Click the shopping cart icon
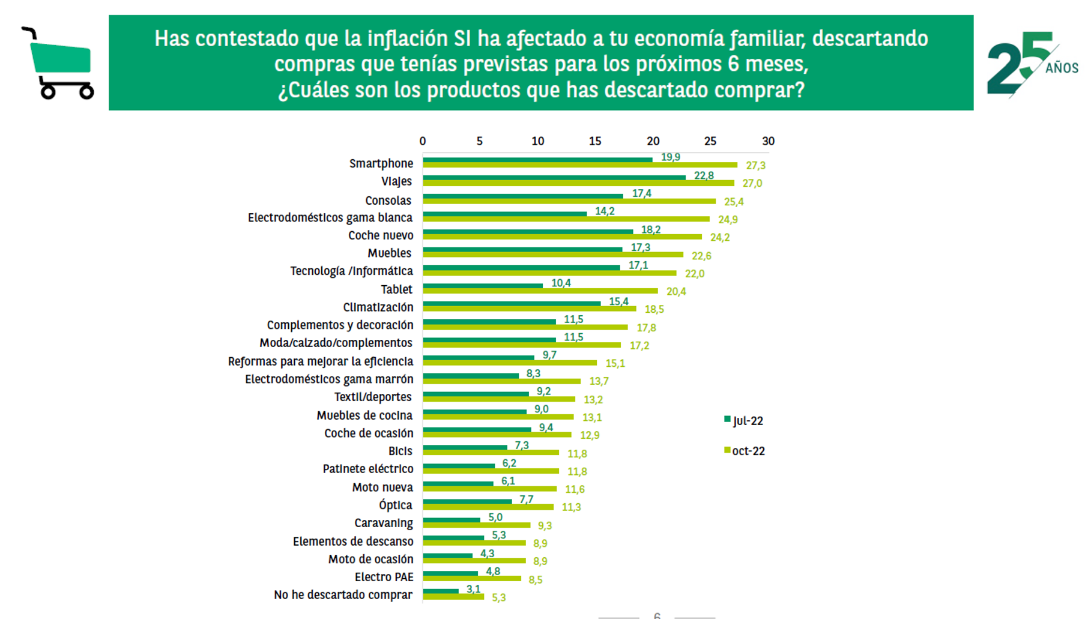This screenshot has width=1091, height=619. pyautogui.click(x=58, y=64)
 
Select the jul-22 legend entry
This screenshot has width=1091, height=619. pyautogui.click(x=744, y=421)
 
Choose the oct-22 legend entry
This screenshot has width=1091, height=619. pyautogui.click(x=745, y=451)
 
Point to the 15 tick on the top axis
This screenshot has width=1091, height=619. pyautogui.click(x=595, y=141)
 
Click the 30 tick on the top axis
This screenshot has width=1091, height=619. pyautogui.click(x=768, y=141)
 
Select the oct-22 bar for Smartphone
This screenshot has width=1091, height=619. pyautogui.click(x=579, y=165)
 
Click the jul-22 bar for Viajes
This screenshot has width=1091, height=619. pyautogui.click(x=554, y=178)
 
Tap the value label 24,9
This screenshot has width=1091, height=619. pyautogui.click(x=728, y=220)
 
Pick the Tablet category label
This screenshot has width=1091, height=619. pyautogui.click(x=396, y=289)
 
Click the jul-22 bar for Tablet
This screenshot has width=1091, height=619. pyautogui.click(x=482, y=286)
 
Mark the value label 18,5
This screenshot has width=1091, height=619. pyautogui.click(x=654, y=309)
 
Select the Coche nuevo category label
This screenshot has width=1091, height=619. pyautogui.click(x=381, y=235)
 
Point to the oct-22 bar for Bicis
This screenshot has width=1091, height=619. pyautogui.click(x=491, y=453)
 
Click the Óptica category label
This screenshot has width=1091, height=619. pyautogui.click(x=395, y=505)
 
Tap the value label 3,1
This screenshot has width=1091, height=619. pyautogui.click(x=473, y=589)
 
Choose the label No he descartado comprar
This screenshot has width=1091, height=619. pyautogui.click(x=343, y=595)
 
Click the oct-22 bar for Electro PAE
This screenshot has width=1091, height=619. pyautogui.click(x=472, y=579)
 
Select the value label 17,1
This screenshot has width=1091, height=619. pyautogui.click(x=638, y=265)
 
